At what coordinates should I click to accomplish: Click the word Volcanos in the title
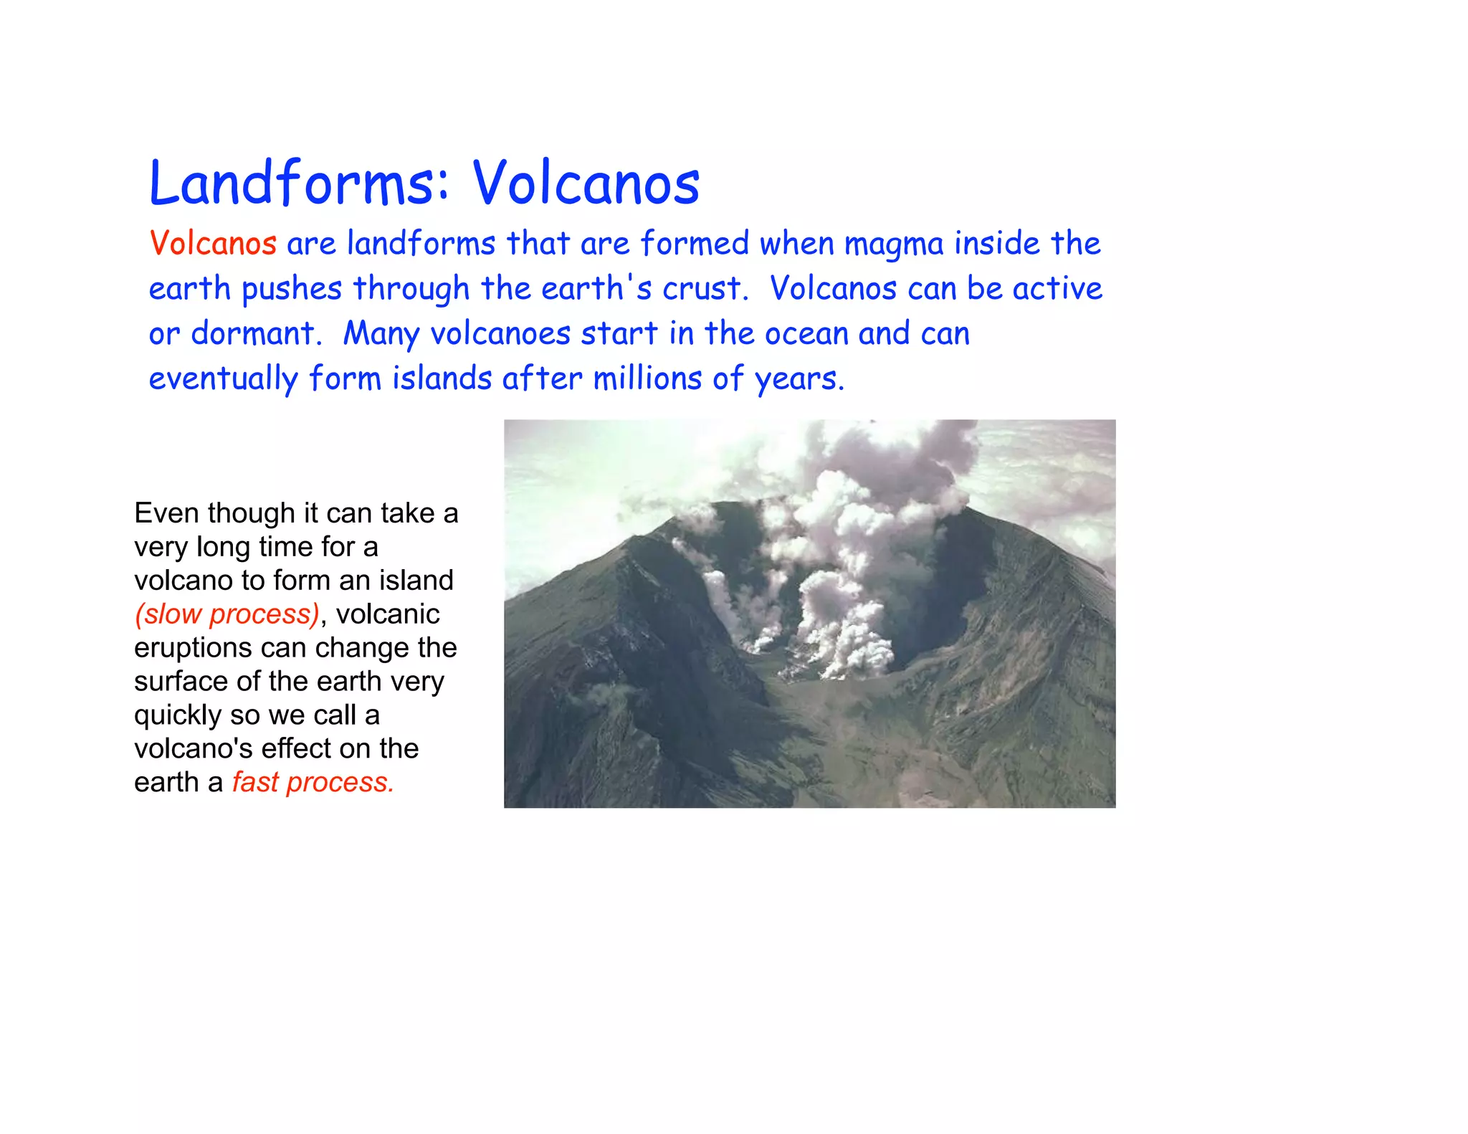586,184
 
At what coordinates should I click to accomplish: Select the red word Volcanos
213,244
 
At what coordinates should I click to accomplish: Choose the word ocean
806,334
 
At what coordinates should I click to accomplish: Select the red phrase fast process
313,782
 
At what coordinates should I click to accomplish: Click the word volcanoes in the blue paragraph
500,334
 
